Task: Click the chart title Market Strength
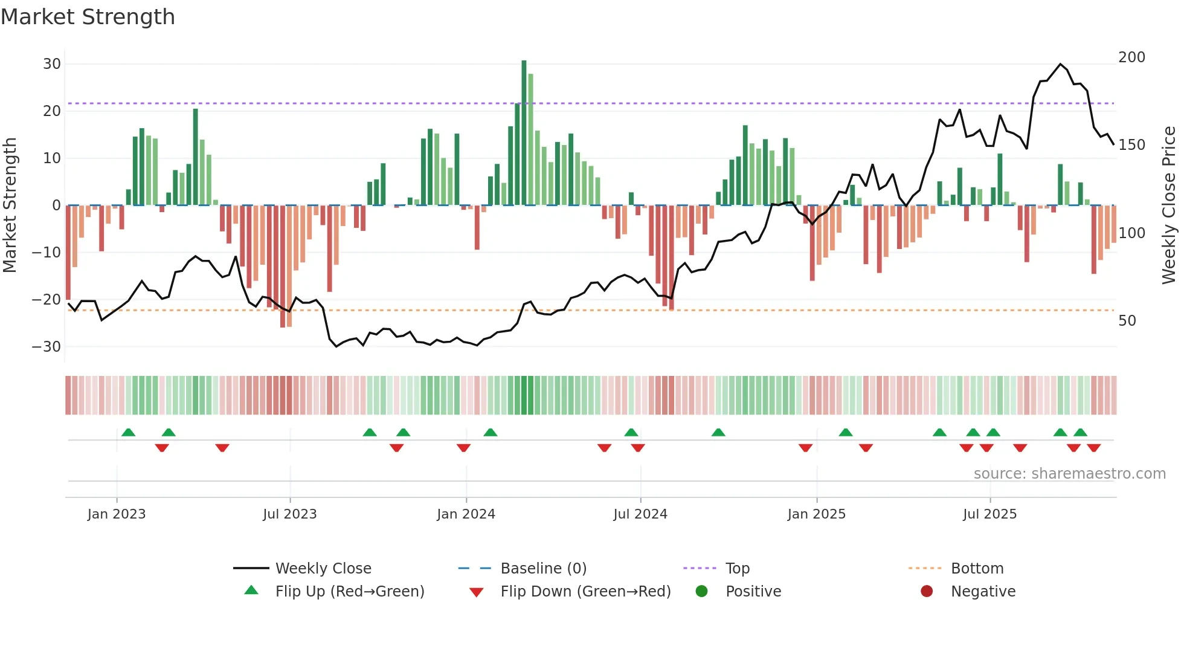click(x=88, y=17)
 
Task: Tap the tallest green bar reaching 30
click(x=524, y=133)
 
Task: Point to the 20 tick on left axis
click(x=52, y=111)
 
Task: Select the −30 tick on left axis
click(x=47, y=347)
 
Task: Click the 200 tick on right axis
click(x=1131, y=57)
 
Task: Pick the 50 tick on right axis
click(x=1127, y=321)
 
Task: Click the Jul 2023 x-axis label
click(x=289, y=514)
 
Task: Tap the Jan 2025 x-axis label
click(x=816, y=514)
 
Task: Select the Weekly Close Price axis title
click(x=1169, y=205)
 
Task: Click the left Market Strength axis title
click(x=10, y=205)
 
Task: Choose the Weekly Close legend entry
click(x=323, y=569)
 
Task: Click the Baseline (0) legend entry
click(x=543, y=569)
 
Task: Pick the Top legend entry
click(x=737, y=569)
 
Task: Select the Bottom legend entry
click(x=977, y=569)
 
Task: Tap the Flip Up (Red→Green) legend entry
click(x=349, y=592)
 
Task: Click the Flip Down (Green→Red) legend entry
click(x=585, y=592)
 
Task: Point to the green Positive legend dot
click(x=701, y=592)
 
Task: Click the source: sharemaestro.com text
click(x=1069, y=474)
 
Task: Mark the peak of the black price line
click(x=1060, y=64)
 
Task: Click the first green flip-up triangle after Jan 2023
click(x=128, y=433)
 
